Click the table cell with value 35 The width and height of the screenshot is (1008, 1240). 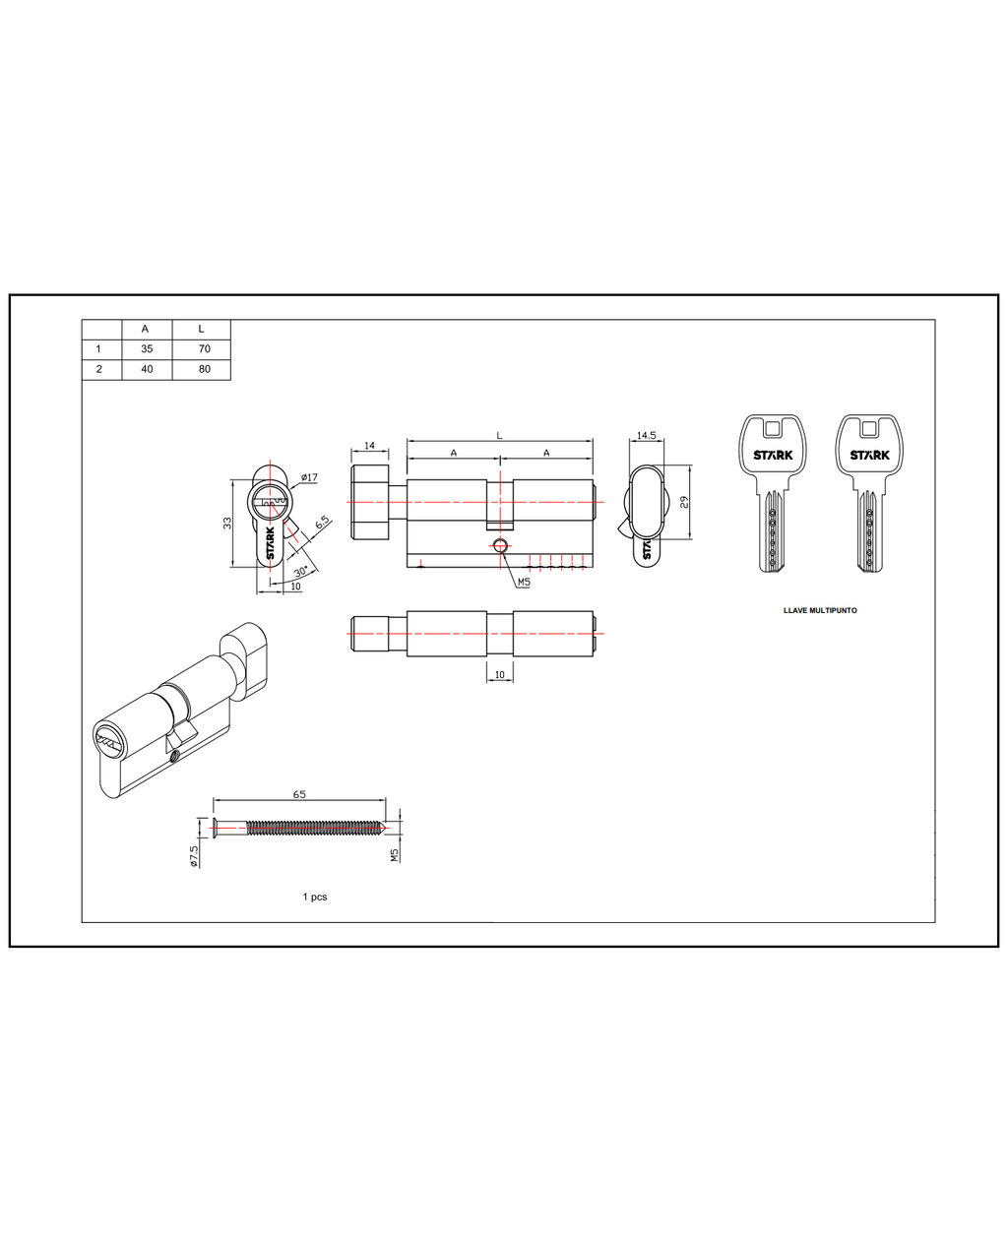pyautogui.click(x=147, y=348)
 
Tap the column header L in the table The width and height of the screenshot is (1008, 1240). pyautogui.click(x=202, y=329)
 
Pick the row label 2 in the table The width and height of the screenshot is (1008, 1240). pyautogui.click(x=99, y=369)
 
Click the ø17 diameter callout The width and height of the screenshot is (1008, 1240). pyautogui.click(x=310, y=477)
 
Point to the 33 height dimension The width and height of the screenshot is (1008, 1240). pyautogui.click(x=227, y=523)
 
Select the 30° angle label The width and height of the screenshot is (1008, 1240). pyautogui.click(x=300, y=571)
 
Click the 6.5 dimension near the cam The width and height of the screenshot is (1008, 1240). pyautogui.click(x=322, y=522)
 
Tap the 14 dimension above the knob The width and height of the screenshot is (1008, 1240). pyautogui.click(x=369, y=446)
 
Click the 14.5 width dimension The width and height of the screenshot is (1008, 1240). pyautogui.click(x=647, y=435)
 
